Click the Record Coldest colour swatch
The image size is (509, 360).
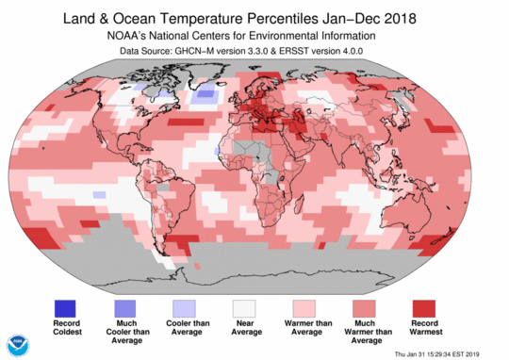(x=65, y=307)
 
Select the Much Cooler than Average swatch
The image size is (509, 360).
(x=125, y=307)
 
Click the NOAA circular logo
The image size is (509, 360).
(x=18, y=344)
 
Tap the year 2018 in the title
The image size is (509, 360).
(x=426, y=17)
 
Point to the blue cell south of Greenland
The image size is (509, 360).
(x=205, y=94)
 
